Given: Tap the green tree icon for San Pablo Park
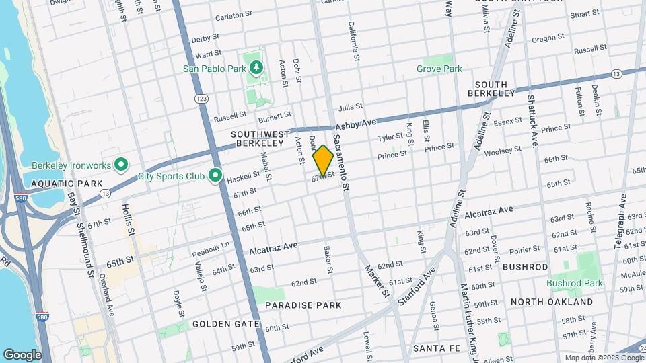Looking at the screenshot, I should tap(256, 67).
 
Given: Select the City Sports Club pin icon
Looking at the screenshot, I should tap(215, 176).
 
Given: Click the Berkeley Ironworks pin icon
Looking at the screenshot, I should tap(121, 165).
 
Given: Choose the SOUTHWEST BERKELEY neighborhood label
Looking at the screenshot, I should tap(259, 138).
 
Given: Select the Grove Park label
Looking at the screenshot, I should tap(439, 69).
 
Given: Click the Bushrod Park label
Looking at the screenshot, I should tap(574, 283).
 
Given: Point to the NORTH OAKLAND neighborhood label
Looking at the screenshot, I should tap(552, 302).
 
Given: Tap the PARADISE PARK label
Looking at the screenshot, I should tap(303, 305).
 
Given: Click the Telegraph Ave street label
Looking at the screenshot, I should tap(620, 223).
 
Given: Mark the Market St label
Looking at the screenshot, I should tap(376, 281).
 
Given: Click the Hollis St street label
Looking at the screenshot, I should tap(128, 220).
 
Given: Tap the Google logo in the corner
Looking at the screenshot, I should tap(22, 354).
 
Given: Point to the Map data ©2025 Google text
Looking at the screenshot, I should tap(603, 358).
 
